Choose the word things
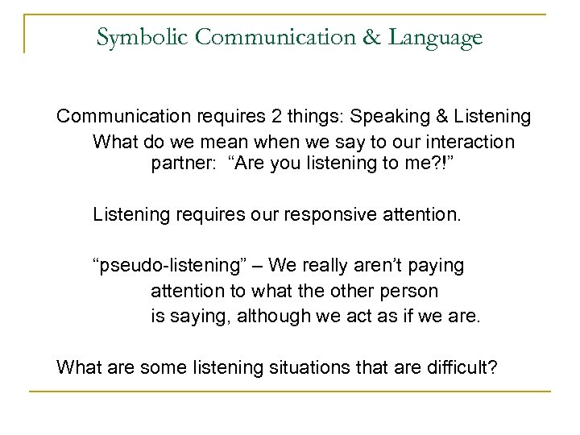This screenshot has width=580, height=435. pos(307,118)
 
